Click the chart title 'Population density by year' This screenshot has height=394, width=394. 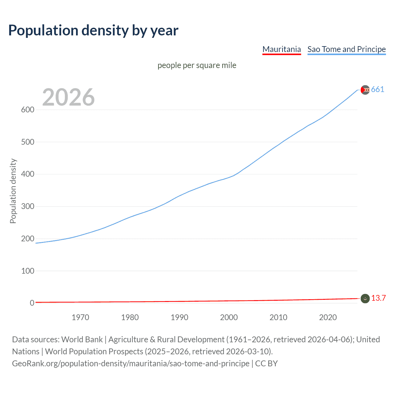93,30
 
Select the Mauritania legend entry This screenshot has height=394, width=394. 281,49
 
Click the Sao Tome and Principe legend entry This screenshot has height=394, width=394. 346,49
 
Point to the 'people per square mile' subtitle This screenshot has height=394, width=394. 197,65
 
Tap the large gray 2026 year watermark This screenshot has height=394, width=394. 68,97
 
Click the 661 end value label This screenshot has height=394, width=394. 377,90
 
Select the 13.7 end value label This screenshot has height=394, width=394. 378,298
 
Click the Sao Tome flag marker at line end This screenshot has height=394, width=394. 365,90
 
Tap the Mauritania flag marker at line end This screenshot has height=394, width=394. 365,299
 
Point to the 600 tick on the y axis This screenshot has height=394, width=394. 27,110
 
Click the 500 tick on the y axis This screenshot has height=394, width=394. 27,142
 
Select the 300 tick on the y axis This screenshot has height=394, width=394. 27,206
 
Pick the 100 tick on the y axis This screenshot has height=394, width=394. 27,271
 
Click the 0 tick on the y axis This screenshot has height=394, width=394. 32,303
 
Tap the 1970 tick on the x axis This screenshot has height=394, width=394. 80,317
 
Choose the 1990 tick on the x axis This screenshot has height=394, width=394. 179,317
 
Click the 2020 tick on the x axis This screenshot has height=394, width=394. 328,317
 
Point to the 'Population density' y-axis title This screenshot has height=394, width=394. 13,191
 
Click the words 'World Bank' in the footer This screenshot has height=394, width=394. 82,340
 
